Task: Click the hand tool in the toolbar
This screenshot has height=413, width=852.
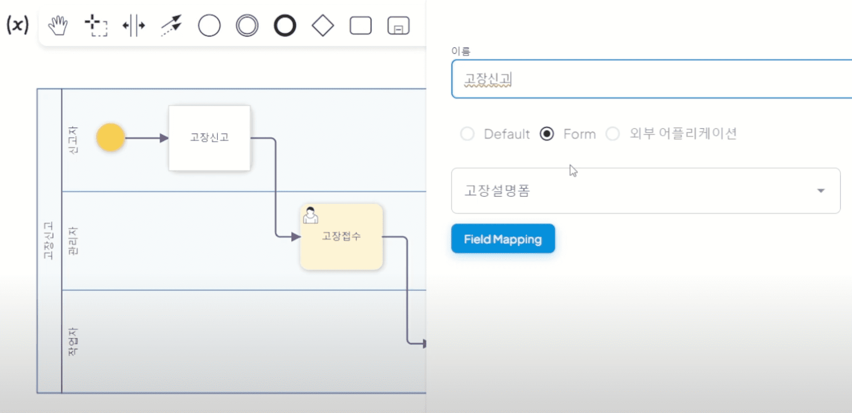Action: [x=58, y=25]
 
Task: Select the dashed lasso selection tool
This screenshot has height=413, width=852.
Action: [x=96, y=25]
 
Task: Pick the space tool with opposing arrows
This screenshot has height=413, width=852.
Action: [x=134, y=25]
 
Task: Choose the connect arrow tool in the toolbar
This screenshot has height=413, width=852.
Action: [x=171, y=25]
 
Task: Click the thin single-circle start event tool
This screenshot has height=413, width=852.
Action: [x=209, y=25]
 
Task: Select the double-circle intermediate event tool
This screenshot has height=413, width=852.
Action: [x=247, y=25]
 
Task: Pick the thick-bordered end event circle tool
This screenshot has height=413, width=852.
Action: [x=285, y=25]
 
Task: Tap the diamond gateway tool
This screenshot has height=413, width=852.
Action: [x=323, y=25]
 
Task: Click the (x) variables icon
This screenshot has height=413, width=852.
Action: [x=18, y=25]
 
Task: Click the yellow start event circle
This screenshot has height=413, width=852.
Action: [x=110, y=137]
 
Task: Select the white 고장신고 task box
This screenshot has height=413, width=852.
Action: [x=210, y=138]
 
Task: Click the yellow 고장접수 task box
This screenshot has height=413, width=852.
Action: [x=341, y=237]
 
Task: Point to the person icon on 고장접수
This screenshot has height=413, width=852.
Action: [x=310, y=215]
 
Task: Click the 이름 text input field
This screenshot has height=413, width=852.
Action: [x=651, y=79]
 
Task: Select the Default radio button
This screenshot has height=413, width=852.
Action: [x=467, y=134]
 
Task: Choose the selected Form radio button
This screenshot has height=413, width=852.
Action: [x=547, y=134]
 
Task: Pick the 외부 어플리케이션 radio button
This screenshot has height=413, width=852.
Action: [x=613, y=134]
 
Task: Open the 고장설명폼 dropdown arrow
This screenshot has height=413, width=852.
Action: [x=821, y=191]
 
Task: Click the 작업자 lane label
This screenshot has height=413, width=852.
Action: [x=73, y=341]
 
